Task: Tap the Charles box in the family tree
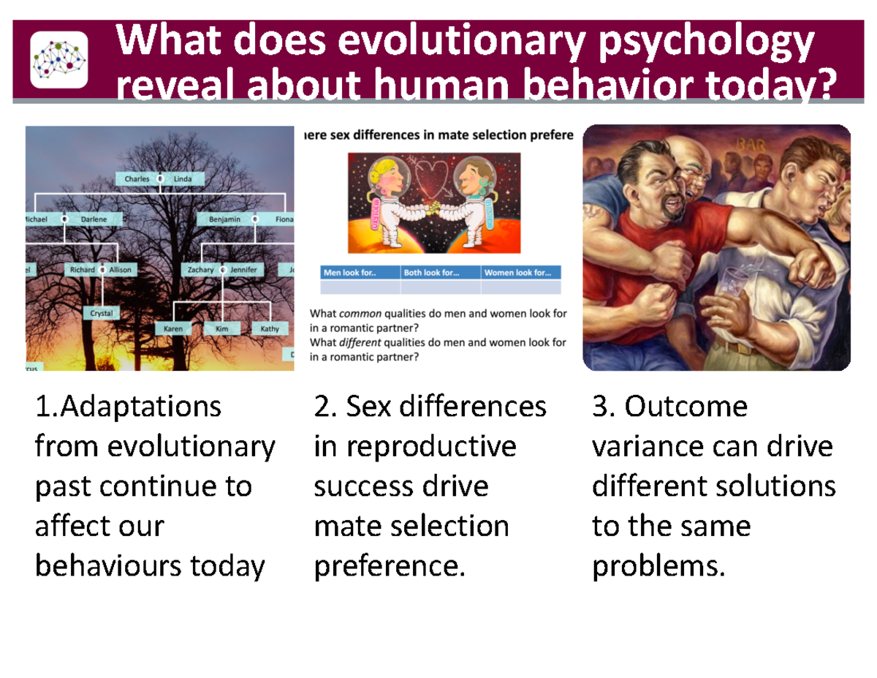[x=137, y=179]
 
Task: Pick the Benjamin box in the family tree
[x=224, y=219]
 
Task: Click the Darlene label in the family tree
[x=94, y=219]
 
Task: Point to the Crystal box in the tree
[x=101, y=313]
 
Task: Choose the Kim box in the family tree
[x=222, y=329]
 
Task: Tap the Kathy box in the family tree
[x=270, y=329]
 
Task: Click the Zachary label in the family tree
[x=200, y=270]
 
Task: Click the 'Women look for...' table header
[x=520, y=273]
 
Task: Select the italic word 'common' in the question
[x=362, y=314]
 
